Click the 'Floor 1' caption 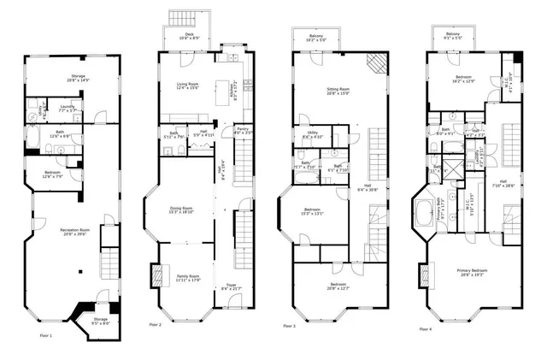pyautogui.click(x=44, y=336)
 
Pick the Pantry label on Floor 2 pyautogui.click(x=243, y=132)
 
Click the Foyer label pyautogui.click(x=231, y=286)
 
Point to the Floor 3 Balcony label pyautogui.click(x=316, y=38)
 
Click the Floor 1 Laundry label pyautogui.click(x=66, y=109)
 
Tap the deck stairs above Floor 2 pyautogui.click(x=181, y=18)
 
